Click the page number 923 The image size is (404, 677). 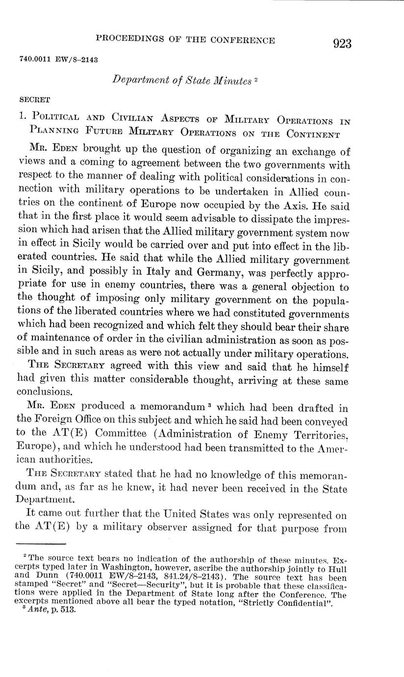(342, 44)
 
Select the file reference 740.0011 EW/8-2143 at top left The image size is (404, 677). (59, 59)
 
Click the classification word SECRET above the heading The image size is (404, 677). (34, 100)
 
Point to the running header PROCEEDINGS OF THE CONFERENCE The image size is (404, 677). (185, 40)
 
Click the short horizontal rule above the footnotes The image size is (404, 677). (41, 544)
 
